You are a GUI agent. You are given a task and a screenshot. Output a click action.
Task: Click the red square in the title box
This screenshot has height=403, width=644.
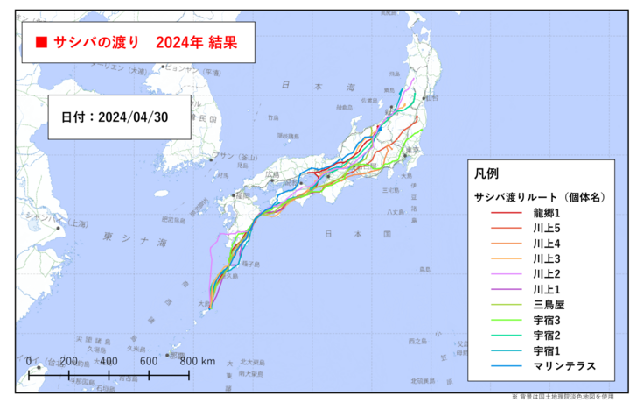coord(40,42)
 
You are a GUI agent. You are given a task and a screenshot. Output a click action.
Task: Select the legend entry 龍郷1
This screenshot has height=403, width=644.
coord(550,214)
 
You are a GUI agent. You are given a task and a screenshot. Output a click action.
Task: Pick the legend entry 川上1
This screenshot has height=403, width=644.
coord(550,289)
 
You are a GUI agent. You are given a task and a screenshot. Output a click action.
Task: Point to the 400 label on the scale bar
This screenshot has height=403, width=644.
coord(108,361)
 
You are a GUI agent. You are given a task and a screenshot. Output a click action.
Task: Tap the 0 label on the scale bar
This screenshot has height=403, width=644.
coord(30,361)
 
